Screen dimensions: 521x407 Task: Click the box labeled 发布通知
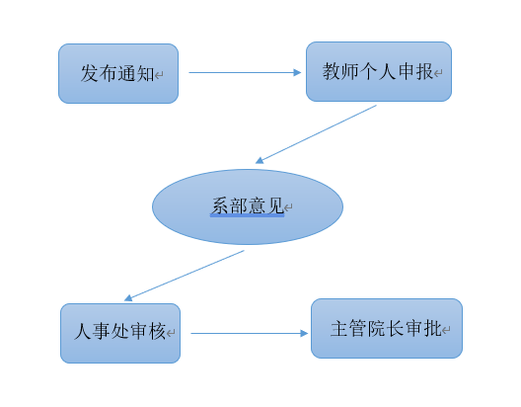point(118,73)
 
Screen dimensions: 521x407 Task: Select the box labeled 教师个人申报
point(379,71)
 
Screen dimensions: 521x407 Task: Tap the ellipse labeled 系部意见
point(248,206)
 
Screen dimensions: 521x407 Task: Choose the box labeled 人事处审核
point(120,333)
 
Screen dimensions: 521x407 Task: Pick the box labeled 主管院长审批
point(387,329)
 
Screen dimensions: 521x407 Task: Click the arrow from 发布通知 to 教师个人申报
point(245,72)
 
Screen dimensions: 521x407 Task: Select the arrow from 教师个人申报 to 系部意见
point(316,134)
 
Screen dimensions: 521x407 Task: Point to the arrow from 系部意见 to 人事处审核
point(185,276)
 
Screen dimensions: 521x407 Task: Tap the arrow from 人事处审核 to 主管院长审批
point(250,333)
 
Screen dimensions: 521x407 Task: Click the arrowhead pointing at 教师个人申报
point(297,72)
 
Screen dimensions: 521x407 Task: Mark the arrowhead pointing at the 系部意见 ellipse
point(260,161)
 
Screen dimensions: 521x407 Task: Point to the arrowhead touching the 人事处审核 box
point(128,297)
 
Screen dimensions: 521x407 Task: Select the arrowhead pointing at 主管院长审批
point(304,333)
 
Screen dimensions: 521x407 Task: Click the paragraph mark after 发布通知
point(159,75)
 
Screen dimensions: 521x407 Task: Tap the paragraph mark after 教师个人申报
point(438,73)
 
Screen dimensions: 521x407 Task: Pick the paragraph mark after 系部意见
point(288,207)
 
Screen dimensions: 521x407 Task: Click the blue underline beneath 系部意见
point(248,215)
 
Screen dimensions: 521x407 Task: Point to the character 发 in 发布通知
point(90,73)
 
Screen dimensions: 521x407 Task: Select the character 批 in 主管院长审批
point(433,329)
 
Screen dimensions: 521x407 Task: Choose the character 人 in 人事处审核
point(83,332)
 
